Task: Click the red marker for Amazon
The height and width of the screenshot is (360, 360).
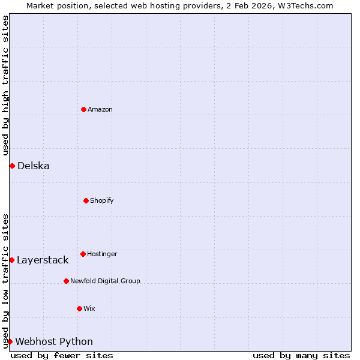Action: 83,109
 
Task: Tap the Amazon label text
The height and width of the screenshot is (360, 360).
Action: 100,109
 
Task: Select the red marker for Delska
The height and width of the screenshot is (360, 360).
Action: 12,166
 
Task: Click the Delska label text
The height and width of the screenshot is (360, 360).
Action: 33,166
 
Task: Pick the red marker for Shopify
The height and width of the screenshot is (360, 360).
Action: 86,200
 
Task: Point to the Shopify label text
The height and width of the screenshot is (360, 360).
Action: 101,200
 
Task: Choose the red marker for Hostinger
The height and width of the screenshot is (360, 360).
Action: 83,254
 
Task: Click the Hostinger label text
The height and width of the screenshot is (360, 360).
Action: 102,254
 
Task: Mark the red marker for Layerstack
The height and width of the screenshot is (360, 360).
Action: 11,260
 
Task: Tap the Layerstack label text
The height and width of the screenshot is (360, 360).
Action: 42,260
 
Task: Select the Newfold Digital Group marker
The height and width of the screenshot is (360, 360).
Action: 66,281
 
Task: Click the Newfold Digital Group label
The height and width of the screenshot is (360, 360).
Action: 105,281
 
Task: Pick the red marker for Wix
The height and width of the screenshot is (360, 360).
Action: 79,308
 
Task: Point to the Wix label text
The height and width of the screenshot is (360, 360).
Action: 89,308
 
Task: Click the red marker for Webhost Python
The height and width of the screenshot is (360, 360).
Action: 10,341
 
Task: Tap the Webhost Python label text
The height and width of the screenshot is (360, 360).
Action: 54,341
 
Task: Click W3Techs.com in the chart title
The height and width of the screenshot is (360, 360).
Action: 308,5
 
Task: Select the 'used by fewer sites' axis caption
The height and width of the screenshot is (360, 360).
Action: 62,355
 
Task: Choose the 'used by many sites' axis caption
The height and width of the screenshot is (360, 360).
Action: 301,355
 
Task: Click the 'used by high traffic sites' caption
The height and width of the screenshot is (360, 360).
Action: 5,85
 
